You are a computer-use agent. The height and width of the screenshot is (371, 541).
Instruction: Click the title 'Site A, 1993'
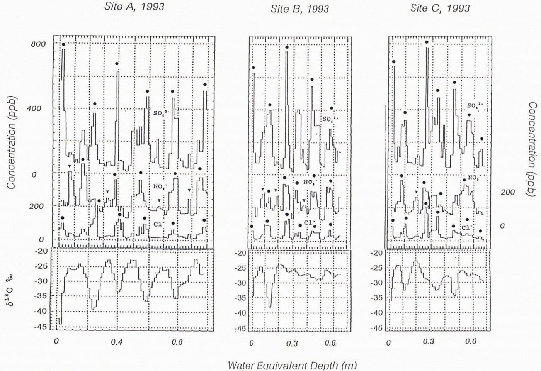(134, 7)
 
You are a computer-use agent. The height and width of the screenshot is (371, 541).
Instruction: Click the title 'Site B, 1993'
(299, 9)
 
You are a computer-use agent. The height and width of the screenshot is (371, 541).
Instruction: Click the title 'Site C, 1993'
(440, 8)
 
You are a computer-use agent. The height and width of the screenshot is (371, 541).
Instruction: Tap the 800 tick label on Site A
(38, 44)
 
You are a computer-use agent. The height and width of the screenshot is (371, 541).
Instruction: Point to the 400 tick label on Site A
(34, 108)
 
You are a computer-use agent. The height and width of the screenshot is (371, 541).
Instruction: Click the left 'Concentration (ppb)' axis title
(11, 142)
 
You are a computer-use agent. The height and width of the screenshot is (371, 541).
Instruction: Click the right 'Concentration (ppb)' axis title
(532, 149)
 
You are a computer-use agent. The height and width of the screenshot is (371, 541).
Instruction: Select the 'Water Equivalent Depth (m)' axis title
(292, 365)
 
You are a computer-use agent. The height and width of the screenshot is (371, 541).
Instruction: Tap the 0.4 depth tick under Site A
(116, 342)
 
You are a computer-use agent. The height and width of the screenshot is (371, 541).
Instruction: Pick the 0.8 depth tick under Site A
(177, 342)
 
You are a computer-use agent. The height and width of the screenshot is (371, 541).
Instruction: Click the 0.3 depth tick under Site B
(292, 343)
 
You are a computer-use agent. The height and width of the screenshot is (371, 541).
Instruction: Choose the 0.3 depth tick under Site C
(428, 342)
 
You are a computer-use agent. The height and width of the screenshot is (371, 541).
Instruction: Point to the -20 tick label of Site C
(376, 253)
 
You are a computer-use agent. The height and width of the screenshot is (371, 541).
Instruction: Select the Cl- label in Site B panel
(308, 223)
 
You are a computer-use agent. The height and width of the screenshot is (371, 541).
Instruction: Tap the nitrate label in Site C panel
(473, 178)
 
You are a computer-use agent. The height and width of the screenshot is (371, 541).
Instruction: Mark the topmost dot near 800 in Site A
(63, 44)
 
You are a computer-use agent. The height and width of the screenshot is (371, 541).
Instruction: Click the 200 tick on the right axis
(507, 192)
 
